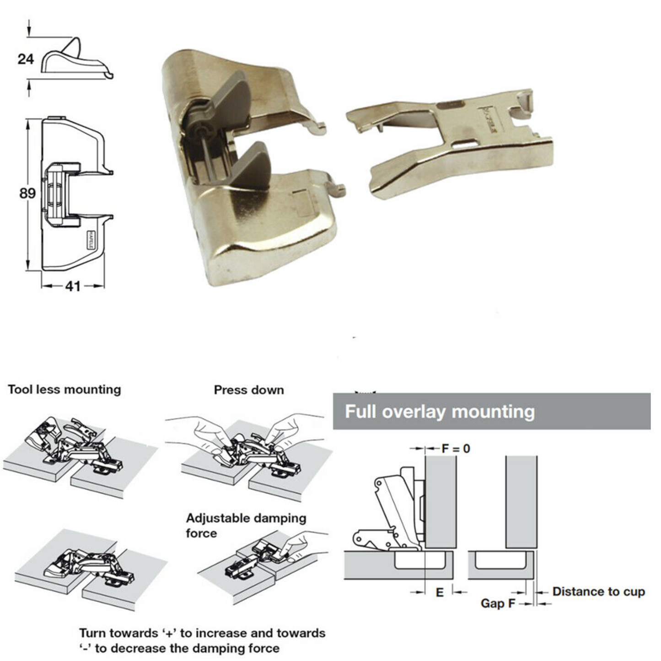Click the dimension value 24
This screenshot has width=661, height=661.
(x=26, y=59)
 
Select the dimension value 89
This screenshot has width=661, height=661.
(x=27, y=193)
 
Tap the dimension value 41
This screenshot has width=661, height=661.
(x=73, y=286)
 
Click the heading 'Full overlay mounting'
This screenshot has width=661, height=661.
(x=440, y=411)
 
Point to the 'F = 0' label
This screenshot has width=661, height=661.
(x=456, y=448)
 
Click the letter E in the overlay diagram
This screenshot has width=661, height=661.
(x=440, y=592)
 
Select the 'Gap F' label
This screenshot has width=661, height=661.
(x=498, y=603)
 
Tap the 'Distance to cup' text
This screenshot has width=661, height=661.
(x=598, y=591)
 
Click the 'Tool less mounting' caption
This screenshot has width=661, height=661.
(x=64, y=390)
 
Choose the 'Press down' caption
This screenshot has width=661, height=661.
(x=249, y=390)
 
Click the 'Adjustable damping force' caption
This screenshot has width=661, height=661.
(x=246, y=526)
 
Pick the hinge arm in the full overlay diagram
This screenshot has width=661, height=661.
(x=396, y=508)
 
